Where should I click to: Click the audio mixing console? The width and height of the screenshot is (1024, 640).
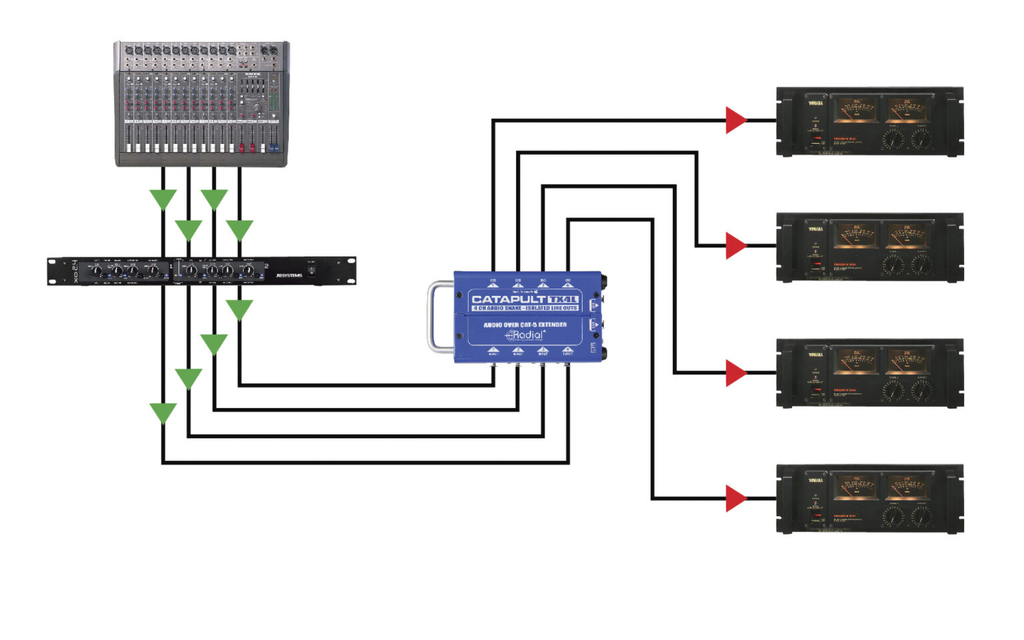click(201, 104)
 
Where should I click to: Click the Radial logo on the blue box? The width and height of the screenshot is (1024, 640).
click(525, 335)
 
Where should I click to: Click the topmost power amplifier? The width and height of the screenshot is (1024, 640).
click(870, 121)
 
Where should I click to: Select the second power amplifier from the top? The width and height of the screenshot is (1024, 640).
click(870, 247)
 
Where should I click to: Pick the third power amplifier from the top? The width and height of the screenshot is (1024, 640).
click(870, 373)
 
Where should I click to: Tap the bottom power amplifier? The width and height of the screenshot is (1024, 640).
click(870, 499)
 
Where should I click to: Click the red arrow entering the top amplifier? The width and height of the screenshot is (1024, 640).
click(735, 121)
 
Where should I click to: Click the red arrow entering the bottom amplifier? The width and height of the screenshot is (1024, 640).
click(735, 498)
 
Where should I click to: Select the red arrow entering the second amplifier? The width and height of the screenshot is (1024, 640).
click(735, 246)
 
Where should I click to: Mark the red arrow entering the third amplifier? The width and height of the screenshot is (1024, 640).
click(735, 373)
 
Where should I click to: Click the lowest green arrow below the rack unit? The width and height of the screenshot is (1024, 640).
click(163, 413)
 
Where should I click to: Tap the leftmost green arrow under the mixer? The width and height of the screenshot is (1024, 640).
click(163, 199)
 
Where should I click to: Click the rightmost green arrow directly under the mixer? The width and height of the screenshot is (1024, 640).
click(239, 229)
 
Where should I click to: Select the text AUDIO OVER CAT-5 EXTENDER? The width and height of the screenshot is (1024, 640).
click(525, 325)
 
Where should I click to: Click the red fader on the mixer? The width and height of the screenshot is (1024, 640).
click(242, 146)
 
